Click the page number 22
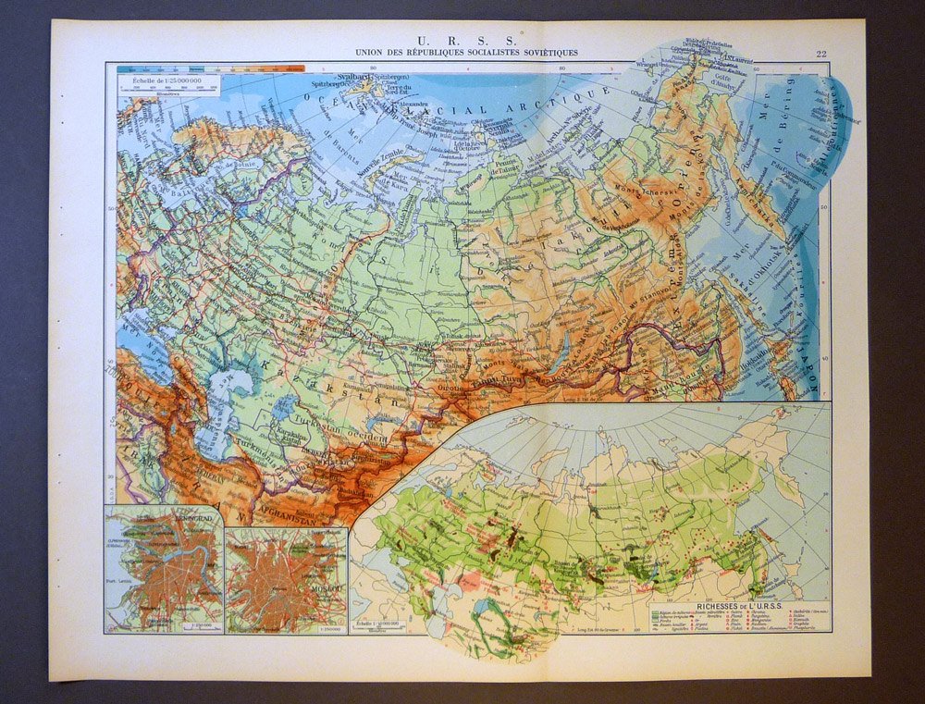pos(820,54)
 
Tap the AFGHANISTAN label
pos(286,507)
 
